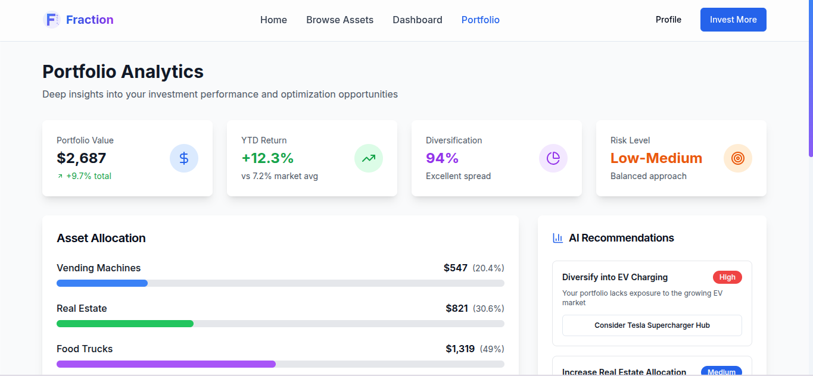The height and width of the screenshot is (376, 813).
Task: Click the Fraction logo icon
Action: (x=52, y=20)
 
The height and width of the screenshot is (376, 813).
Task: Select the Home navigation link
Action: (x=273, y=20)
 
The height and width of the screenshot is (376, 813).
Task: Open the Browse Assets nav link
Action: (x=339, y=20)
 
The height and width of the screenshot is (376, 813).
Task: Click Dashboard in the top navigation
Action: (x=417, y=20)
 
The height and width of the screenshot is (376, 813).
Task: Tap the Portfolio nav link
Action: (x=480, y=20)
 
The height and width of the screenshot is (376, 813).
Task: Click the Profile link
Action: (x=668, y=20)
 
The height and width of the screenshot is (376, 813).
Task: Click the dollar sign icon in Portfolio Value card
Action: (x=184, y=158)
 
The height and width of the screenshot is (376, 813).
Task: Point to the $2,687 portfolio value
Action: (x=82, y=158)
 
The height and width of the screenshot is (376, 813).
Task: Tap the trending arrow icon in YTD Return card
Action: (x=369, y=158)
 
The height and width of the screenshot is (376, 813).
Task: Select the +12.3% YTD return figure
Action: (x=267, y=158)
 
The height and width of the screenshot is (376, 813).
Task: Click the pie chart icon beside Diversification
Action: (x=553, y=158)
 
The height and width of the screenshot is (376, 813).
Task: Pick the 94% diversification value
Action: (x=442, y=158)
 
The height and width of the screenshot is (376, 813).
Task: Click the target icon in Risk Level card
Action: (x=738, y=158)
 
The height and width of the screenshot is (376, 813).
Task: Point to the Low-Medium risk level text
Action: (x=656, y=158)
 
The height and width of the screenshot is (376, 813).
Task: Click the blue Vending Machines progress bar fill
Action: (x=102, y=283)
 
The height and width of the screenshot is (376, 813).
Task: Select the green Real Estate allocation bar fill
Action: (x=125, y=324)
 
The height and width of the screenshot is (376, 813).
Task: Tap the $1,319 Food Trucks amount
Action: (x=460, y=349)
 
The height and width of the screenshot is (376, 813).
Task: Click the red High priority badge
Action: (x=727, y=277)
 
